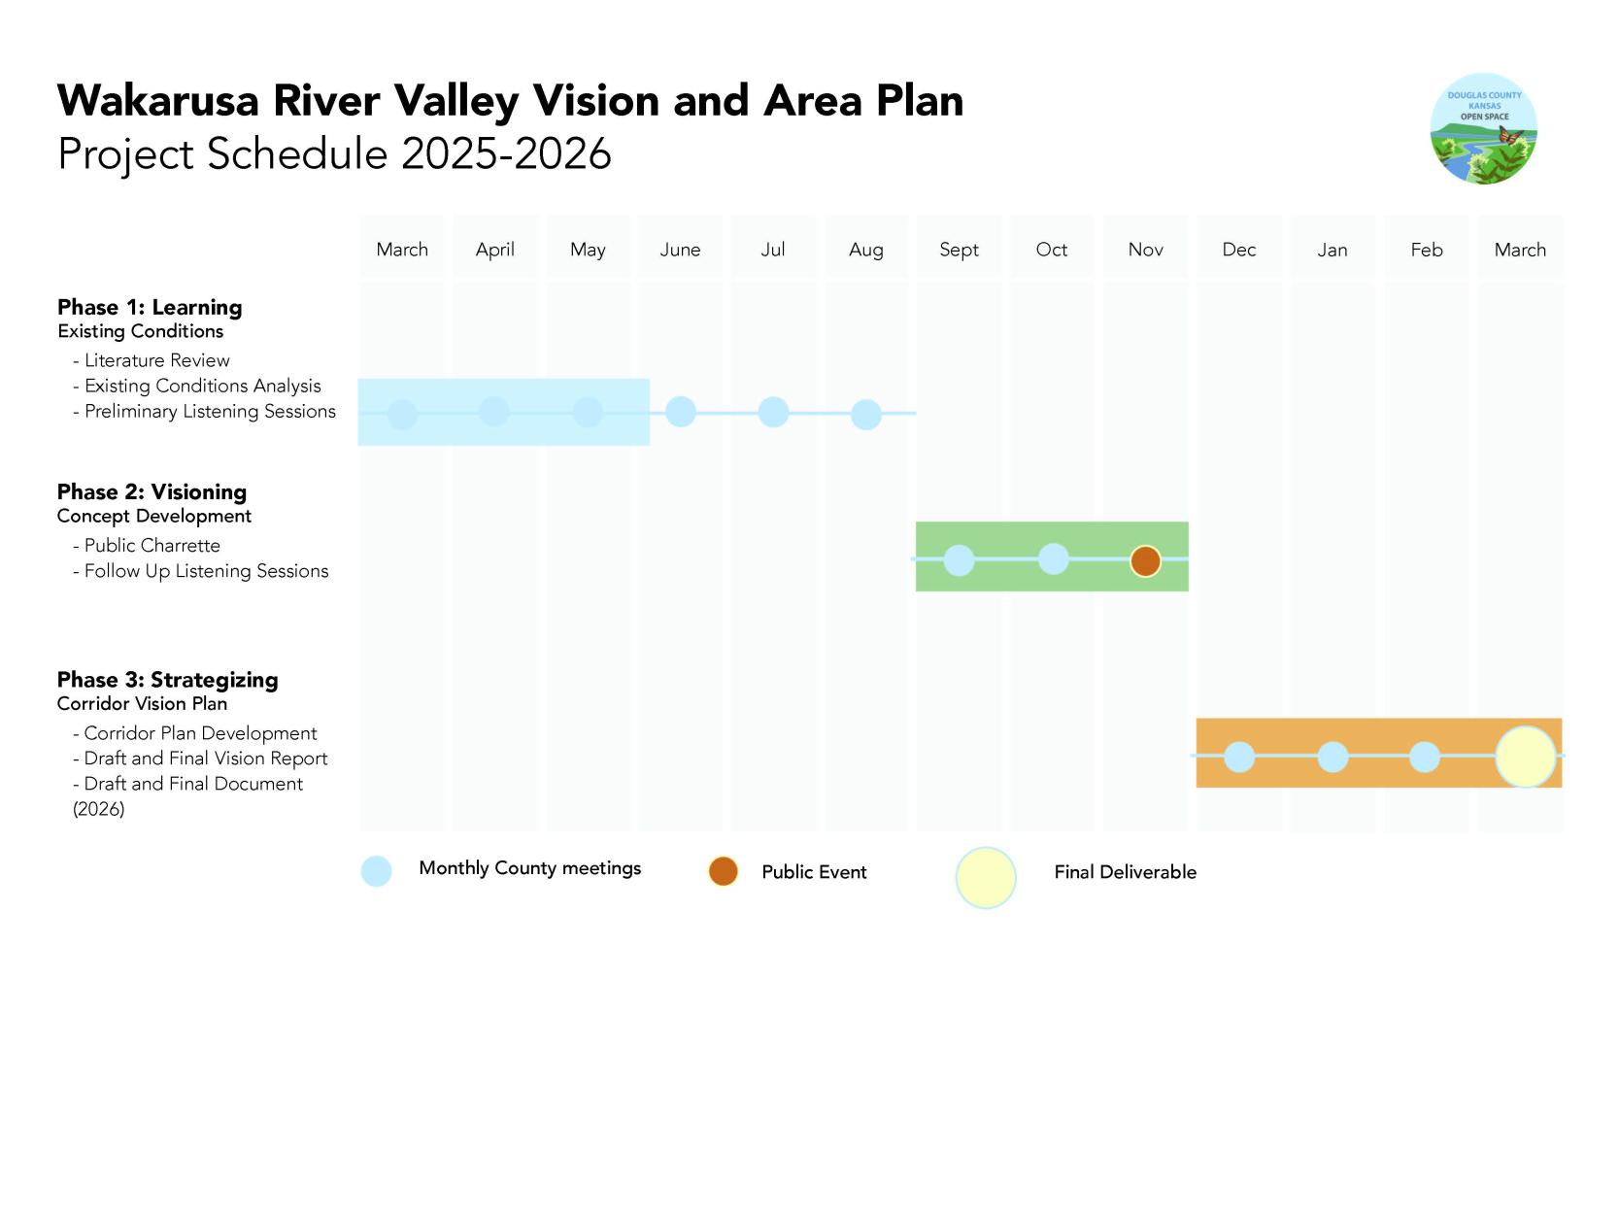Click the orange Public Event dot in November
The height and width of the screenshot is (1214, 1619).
[x=1145, y=560]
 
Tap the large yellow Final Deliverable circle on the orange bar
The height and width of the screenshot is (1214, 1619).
[x=1525, y=757]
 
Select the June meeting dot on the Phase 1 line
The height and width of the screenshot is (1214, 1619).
[x=681, y=412]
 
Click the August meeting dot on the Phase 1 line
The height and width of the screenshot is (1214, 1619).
[x=866, y=415]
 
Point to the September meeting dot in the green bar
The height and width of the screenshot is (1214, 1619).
[x=959, y=560]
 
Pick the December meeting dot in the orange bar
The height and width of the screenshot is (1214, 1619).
[x=1239, y=757]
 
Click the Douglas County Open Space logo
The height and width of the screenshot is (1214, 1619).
[x=1483, y=129]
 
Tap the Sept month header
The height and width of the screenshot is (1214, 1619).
[x=959, y=250]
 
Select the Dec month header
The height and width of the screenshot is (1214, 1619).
[x=1239, y=250]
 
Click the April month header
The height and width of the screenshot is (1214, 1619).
[x=495, y=250]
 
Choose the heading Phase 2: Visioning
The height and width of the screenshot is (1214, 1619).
[x=152, y=491]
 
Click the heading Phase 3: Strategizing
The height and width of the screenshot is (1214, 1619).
[x=167, y=680]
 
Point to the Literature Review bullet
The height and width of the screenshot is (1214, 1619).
[x=156, y=360]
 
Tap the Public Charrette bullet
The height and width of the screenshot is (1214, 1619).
[x=152, y=546]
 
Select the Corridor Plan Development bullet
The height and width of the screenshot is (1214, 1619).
[x=200, y=733]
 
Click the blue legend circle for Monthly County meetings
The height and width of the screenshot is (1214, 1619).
[x=376, y=871]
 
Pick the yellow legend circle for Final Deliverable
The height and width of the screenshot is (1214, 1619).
[x=986, y=877]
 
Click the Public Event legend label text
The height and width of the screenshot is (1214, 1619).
[x=814, y=872]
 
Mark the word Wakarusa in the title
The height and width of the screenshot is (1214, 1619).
[x=158, y=101]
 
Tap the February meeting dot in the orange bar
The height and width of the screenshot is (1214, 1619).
[x=1425, y=757]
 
